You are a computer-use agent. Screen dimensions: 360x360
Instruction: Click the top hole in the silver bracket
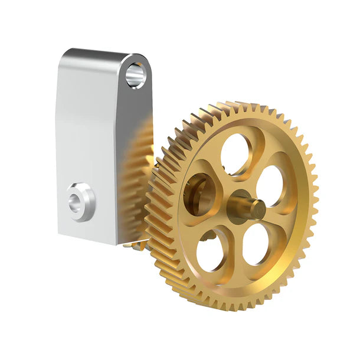135,75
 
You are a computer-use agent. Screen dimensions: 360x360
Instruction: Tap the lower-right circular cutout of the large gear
256,243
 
